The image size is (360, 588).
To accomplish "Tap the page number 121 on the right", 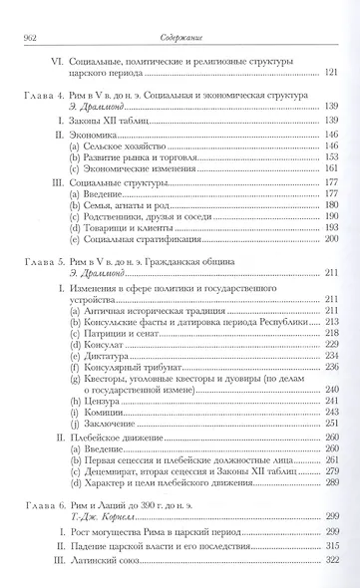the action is coord(329,74).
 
